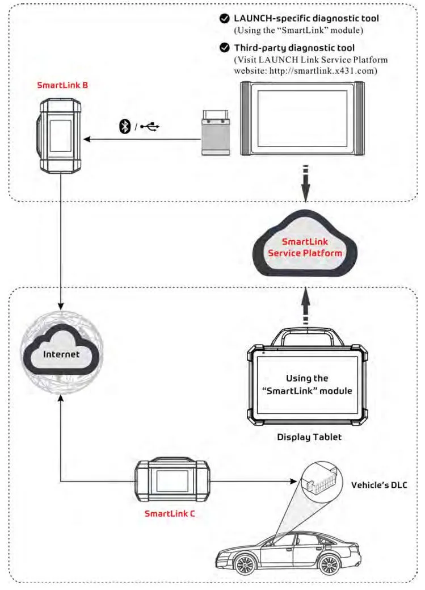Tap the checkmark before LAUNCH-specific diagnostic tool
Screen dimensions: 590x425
click(x=225, y=19)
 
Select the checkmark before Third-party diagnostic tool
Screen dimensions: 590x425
click(x=225, y=48)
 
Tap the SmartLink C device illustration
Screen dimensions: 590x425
click(x=172, y=482)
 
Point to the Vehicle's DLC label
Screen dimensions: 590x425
click(x=379, y=485)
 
